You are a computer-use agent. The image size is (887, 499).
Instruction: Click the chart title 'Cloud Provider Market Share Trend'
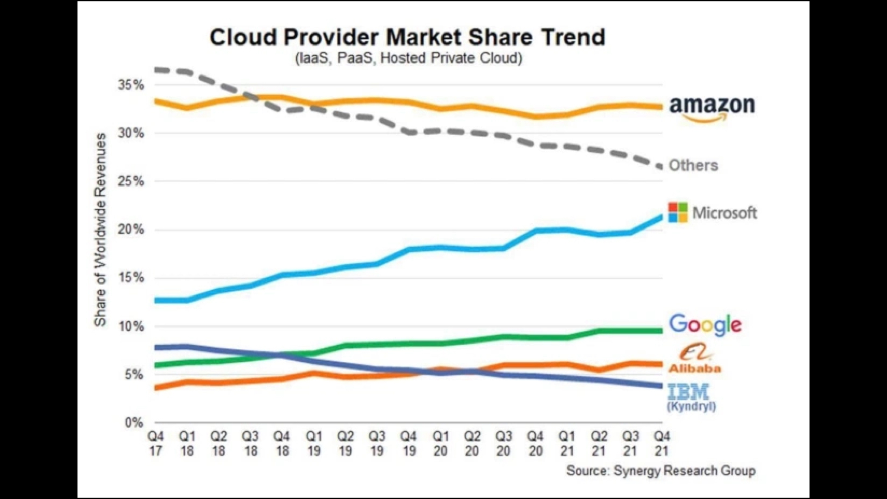[407, 37]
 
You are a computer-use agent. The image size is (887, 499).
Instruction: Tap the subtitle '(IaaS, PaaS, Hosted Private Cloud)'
[408, 58]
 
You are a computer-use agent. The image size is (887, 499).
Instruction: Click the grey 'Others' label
[693, 165]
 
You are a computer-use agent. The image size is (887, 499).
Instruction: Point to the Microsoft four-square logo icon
[678, 213]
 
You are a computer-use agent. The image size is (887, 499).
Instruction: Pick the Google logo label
[705, 324]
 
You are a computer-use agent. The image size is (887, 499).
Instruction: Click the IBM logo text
[688, 392]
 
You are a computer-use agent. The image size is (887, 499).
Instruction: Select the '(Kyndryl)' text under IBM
[691, 407]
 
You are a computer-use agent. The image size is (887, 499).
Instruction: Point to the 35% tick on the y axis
[131, 85]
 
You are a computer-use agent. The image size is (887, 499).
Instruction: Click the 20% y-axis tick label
[131, 230]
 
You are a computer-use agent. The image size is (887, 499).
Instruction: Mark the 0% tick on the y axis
[134, 423]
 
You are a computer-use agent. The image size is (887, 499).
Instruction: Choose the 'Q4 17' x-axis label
[156, 444]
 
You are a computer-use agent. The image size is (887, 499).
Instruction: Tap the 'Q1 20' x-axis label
[440, 444]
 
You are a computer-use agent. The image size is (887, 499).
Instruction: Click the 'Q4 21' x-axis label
[662, 444]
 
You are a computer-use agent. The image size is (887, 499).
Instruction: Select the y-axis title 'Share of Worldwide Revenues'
[100, 230]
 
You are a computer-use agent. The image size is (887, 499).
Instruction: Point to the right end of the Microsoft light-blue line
[661, 216]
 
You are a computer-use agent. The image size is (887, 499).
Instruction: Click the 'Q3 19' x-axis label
[377, 444]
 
